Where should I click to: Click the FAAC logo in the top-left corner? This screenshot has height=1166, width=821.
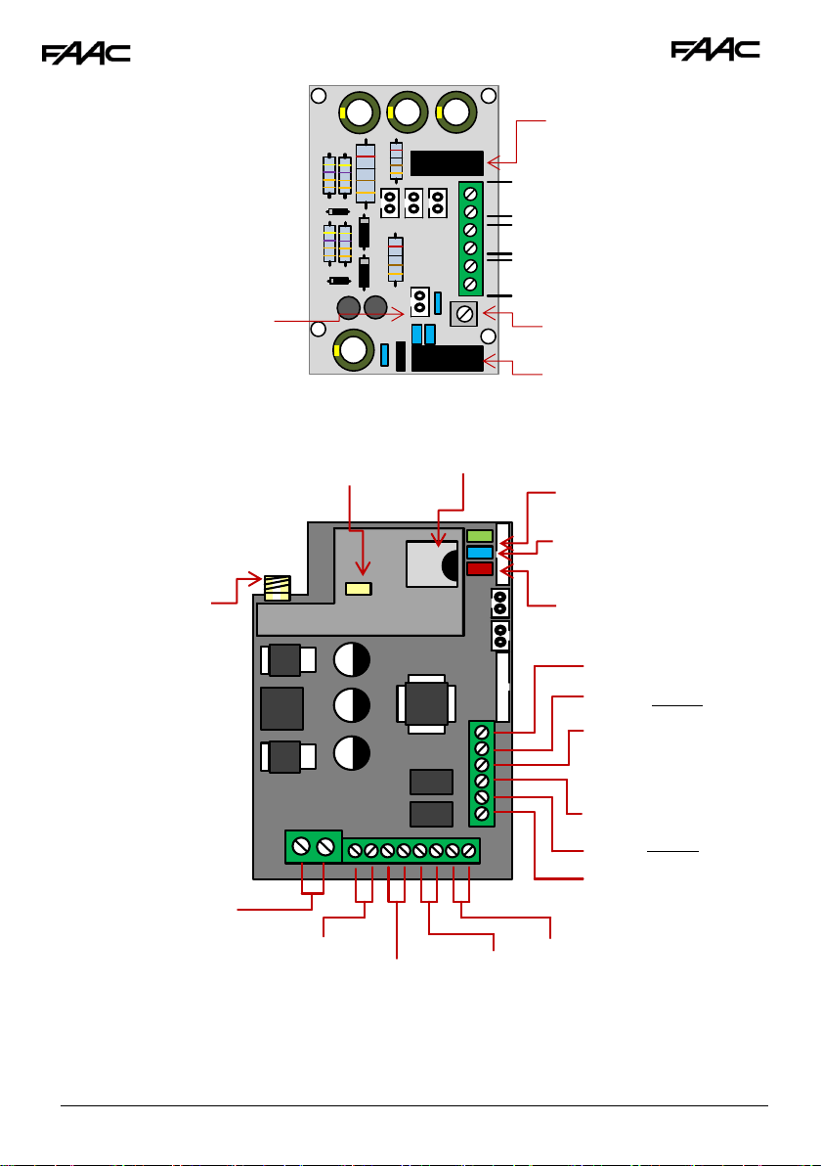[86, 54]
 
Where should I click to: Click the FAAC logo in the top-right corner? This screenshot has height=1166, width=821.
[715, 50]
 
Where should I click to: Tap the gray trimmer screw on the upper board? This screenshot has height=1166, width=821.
[463, 314]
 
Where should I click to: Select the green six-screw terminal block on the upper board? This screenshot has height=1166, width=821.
[470, 239]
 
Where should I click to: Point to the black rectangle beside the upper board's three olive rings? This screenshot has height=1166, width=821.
[447, 162]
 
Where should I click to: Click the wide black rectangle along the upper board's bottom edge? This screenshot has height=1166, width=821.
[448, 358]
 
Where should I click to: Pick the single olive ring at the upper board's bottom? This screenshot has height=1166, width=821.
[354, 349]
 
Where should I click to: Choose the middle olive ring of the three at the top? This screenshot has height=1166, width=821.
[408, 112]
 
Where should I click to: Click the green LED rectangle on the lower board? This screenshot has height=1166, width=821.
[480, 535]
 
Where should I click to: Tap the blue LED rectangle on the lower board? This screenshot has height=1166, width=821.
[480, 553]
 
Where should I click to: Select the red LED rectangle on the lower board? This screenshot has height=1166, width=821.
[480, 569]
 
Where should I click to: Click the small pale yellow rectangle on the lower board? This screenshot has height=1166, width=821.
[359, 589]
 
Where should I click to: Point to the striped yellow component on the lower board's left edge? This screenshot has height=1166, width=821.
[278, 588]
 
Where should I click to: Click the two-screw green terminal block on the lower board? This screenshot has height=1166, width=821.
[314, 847]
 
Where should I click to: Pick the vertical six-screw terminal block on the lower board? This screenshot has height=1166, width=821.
[482, 774]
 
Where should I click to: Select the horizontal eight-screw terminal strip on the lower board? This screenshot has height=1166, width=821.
[411, 851]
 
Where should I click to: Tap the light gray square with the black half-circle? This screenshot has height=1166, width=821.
[432, 564]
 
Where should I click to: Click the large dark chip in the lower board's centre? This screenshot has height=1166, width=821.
[426, 703]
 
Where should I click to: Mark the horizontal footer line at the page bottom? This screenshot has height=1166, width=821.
[413, 1105]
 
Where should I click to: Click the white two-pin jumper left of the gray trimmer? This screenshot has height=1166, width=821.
[420, 302]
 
